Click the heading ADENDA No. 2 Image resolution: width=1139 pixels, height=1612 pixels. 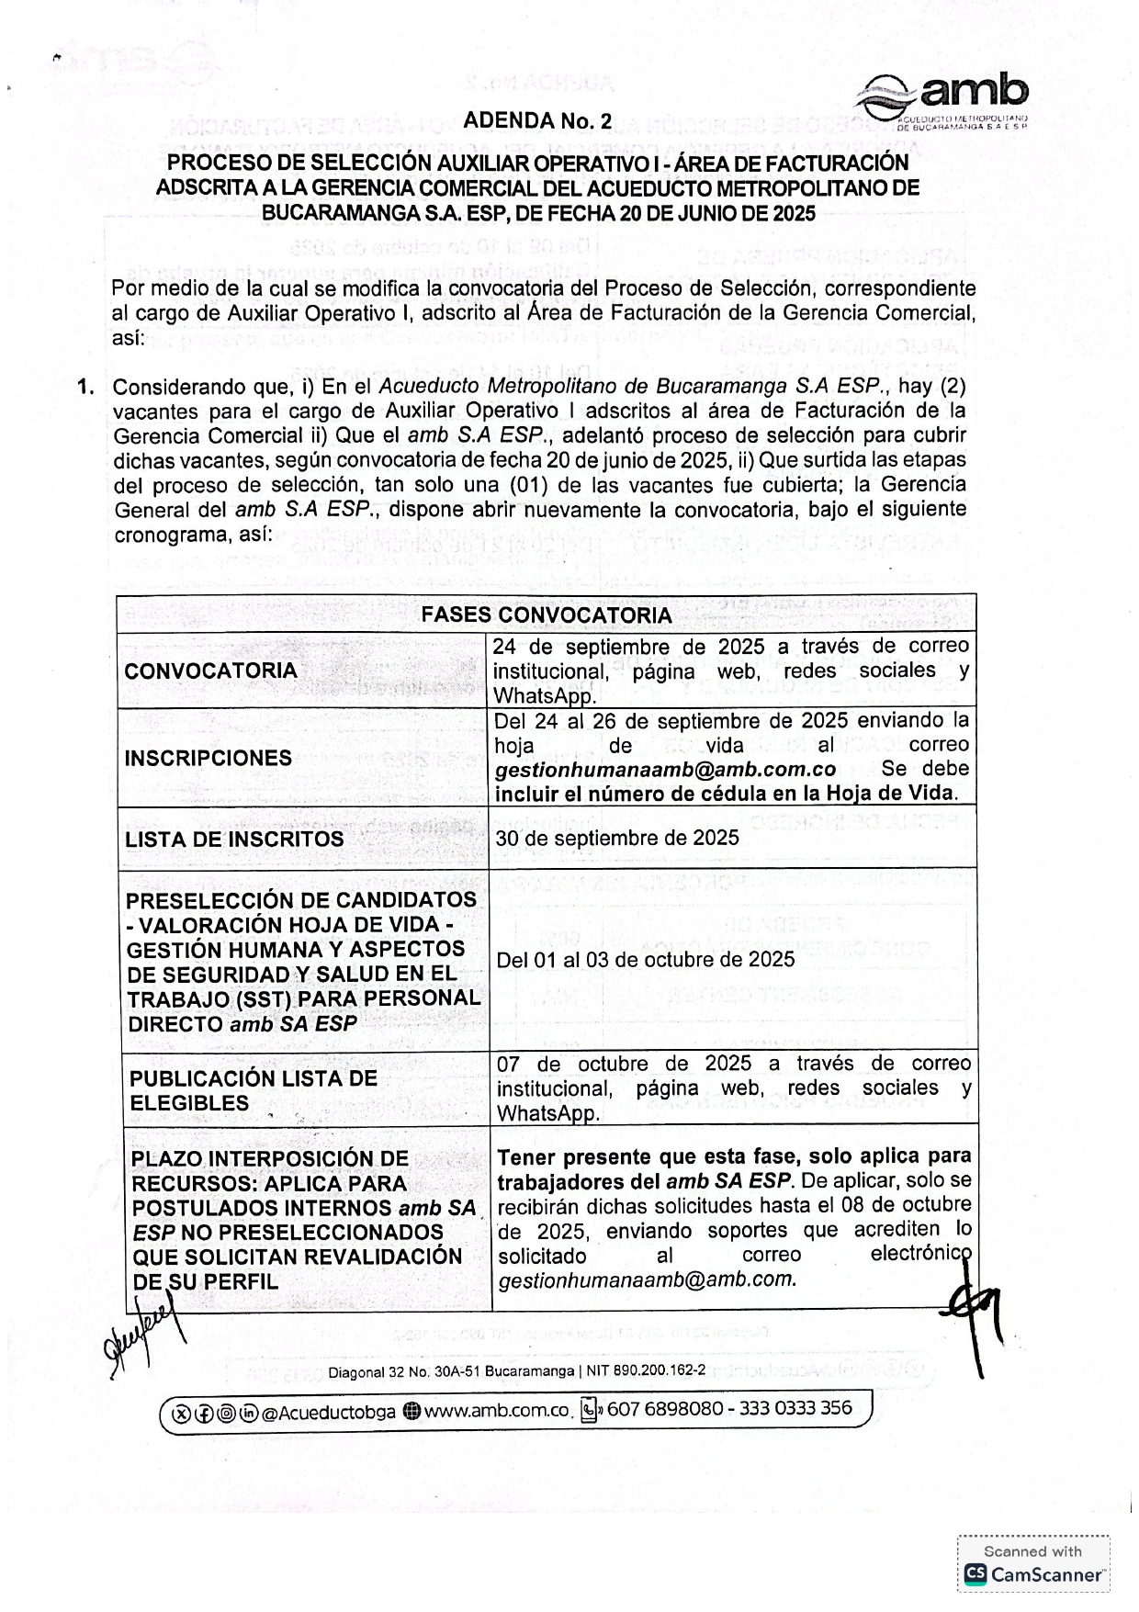coord(537,121)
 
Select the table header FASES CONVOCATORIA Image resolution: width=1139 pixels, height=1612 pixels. coord(546,614)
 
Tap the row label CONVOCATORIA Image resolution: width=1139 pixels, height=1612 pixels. coord(210,671)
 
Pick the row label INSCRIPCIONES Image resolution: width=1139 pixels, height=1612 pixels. coord(209,758)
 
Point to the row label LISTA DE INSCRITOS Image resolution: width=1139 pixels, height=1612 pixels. coord(234,839)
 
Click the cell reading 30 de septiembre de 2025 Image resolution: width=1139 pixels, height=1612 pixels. coord(616,838)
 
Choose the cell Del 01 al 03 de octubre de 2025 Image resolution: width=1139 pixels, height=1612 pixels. coord(645,960)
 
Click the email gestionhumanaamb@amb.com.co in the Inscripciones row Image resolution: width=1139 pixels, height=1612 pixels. coord(665,770)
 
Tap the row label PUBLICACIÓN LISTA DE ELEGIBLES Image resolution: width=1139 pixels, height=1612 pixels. coord(253,1090)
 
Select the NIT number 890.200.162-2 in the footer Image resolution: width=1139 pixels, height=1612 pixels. coord(660,1371)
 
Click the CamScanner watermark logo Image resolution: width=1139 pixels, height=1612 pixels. coord(1033,1574)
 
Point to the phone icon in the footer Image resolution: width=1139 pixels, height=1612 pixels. coord(589,1410)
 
